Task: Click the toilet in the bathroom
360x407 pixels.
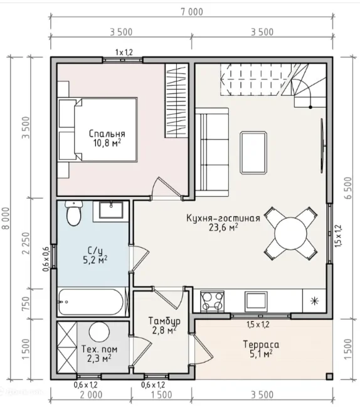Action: tap(74, 213)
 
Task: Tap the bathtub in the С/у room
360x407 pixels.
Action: tap(92, 302)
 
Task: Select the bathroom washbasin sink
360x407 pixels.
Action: tap(111, 209)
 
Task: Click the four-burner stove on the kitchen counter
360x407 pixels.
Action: tap(212, 301)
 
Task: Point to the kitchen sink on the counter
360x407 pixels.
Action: tap(256, 301)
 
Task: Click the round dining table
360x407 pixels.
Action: tap(291, 233)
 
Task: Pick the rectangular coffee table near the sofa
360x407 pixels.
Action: tap(253, 152)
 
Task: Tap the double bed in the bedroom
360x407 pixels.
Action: tap(98, 130)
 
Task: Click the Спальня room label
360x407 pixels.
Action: tap(107, 134)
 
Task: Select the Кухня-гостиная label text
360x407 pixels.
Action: tap(223, 218)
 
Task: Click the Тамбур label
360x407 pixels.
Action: tap(164, 321)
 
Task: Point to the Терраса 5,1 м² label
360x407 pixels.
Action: tap(261, 349)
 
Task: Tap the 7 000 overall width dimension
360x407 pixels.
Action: tap(192, 12)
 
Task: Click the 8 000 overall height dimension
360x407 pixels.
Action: tap(6, 218)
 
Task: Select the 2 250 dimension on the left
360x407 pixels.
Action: tap(26, 243)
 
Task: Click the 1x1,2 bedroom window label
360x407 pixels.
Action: tap(124, 53)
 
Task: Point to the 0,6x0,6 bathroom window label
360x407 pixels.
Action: tap(46, 259)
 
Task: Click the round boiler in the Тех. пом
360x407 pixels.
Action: tap(100, 332)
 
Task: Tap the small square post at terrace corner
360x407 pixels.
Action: tap(329, 376)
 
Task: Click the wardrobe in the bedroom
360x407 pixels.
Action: tap(176, 100)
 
